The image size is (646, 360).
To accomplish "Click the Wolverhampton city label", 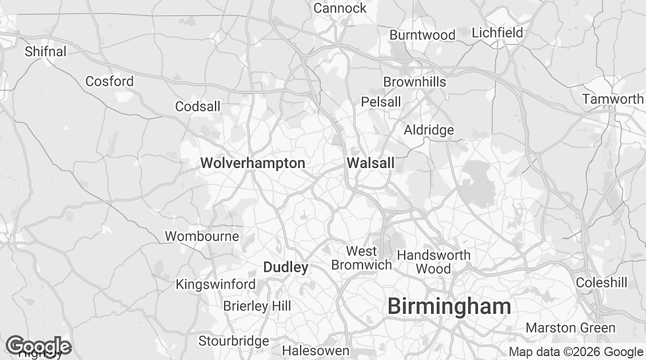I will [x=252, y=163].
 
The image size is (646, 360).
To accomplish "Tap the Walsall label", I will [x=370, y=163].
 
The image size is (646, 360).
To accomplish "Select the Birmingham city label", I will [x=449, y=306].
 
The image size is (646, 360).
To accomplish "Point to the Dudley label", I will [x=285, y=267].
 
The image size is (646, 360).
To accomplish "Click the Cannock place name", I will [x=339, y=8].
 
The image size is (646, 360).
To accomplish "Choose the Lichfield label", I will [x=497, y=32].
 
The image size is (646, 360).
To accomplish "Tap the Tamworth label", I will [x=612, y=99].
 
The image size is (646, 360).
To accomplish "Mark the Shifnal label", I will [x=45, y=51].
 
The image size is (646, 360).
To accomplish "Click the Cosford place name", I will [x=109, y=81].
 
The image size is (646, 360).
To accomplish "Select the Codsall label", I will [x=198, y=106].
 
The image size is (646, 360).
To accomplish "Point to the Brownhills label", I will [x=415, y=82].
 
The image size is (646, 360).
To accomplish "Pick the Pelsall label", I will [x=380, y=102].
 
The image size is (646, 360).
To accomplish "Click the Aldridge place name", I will [x=428, y=130].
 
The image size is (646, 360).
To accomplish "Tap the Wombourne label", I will [x=202, y=236].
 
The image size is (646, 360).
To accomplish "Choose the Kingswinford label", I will [x=216, y=284].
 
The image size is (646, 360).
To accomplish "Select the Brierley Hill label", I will [x=256, y=306].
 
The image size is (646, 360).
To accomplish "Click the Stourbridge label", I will [x=234, y=341].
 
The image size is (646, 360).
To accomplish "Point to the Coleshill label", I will [x=601, y=282].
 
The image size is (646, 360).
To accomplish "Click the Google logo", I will [x=38, y=346].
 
